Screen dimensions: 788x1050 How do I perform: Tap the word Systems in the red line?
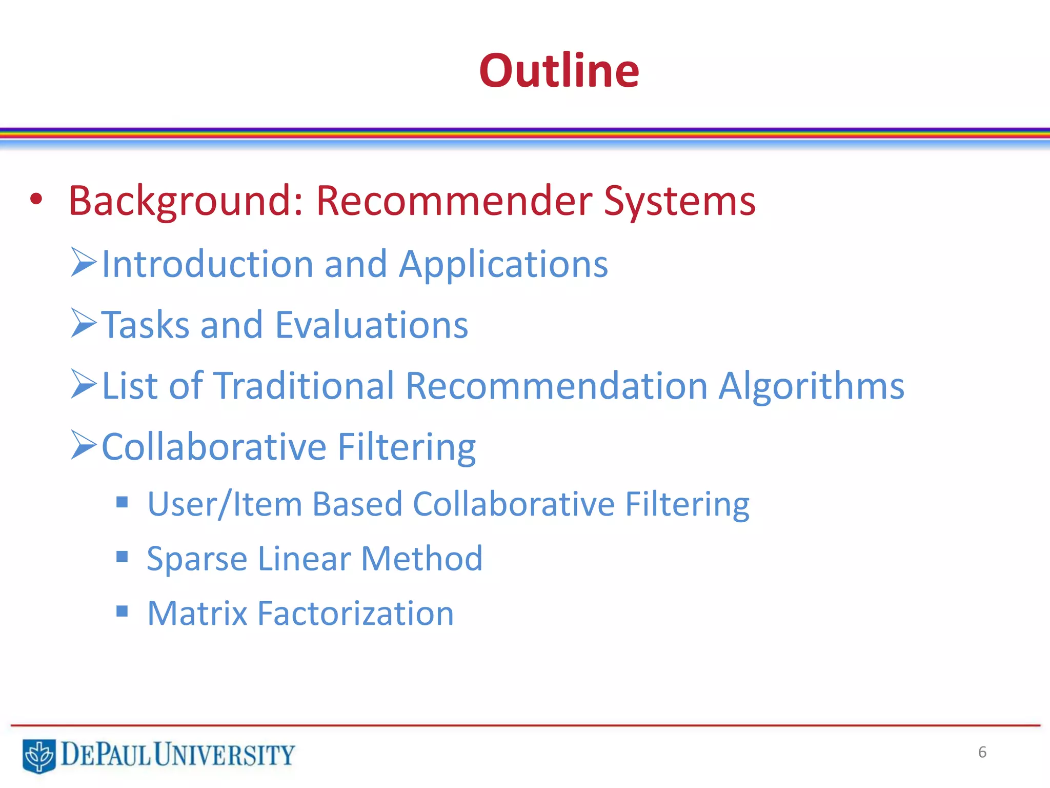(x=679, y=201)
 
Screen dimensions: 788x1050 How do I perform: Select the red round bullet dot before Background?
(x=36, y=199)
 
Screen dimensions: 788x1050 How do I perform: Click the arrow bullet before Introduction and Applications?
(x=84, y=262)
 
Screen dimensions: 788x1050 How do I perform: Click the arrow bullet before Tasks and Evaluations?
(x=84, y=323)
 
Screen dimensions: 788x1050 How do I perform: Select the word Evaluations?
(x=372, y=325)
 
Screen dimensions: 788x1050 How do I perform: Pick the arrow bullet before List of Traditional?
(x=84, y=384)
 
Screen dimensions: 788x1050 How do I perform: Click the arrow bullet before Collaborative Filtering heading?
(x=84, y=445)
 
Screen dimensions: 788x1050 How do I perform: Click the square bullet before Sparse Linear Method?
(x=122, y=557)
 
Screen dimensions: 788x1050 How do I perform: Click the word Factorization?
(x=355, y=613)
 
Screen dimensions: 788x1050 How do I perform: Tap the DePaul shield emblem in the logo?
(x=39, y=756)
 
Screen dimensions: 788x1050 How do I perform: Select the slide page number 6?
(x=982, y=752)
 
